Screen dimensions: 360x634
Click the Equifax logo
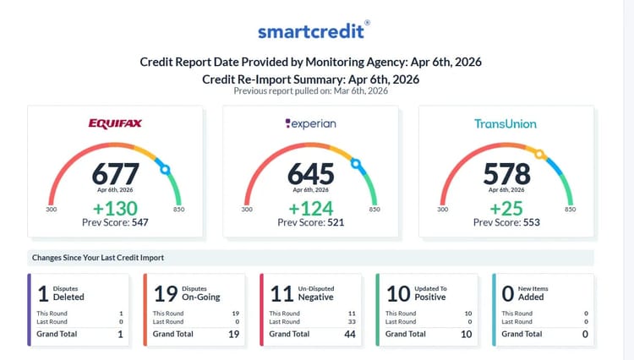point(115,123)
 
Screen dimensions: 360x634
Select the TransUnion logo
point(506,123)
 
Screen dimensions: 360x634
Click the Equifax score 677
point(115,173)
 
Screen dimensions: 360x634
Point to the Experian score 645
point(310,173)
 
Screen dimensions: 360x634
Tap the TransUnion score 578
point(506,173)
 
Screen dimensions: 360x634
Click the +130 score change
point(115,208)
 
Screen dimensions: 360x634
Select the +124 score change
point(310,208)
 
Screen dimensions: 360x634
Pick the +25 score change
point(506,208)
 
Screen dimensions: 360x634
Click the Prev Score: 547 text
point(115,223)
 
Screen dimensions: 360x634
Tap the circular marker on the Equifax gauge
point(164,170)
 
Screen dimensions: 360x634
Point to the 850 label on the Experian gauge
point(374,210)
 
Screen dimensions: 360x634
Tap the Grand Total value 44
point(348,334)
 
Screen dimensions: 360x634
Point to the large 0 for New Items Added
point(507,293)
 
